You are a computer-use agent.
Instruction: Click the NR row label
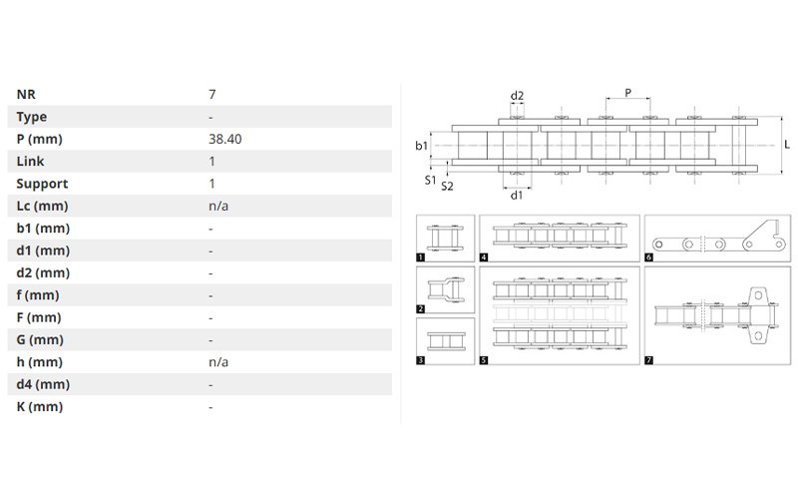click(26, 94)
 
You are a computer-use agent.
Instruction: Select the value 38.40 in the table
click(225, 139)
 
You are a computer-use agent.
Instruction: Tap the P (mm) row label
click(39, 139)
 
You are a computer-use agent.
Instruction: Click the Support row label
click(42, 184)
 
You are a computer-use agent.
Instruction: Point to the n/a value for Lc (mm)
click(218, 206)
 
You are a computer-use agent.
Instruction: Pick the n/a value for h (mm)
click(218, 362)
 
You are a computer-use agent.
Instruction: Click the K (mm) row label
click(40, 407)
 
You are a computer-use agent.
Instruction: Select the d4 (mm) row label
click(43, 384)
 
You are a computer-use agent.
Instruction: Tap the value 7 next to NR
click(212, 94)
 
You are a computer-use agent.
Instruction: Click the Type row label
click(32, 117)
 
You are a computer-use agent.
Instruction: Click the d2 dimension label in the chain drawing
click(517, 96)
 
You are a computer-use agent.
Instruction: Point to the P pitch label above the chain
click(628, 93)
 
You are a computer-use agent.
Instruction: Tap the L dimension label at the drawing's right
click(787, 145)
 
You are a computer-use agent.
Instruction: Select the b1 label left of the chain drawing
click(421, 146)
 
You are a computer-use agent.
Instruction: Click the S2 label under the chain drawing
click(447, 187)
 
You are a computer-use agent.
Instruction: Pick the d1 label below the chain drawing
click(517, 195)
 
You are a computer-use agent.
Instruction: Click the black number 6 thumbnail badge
click(649, 257)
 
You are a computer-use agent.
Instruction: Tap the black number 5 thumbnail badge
click(484, 360)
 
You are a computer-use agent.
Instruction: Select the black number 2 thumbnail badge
click(420, 308)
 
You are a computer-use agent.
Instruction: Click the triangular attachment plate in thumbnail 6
click(763, 238)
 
